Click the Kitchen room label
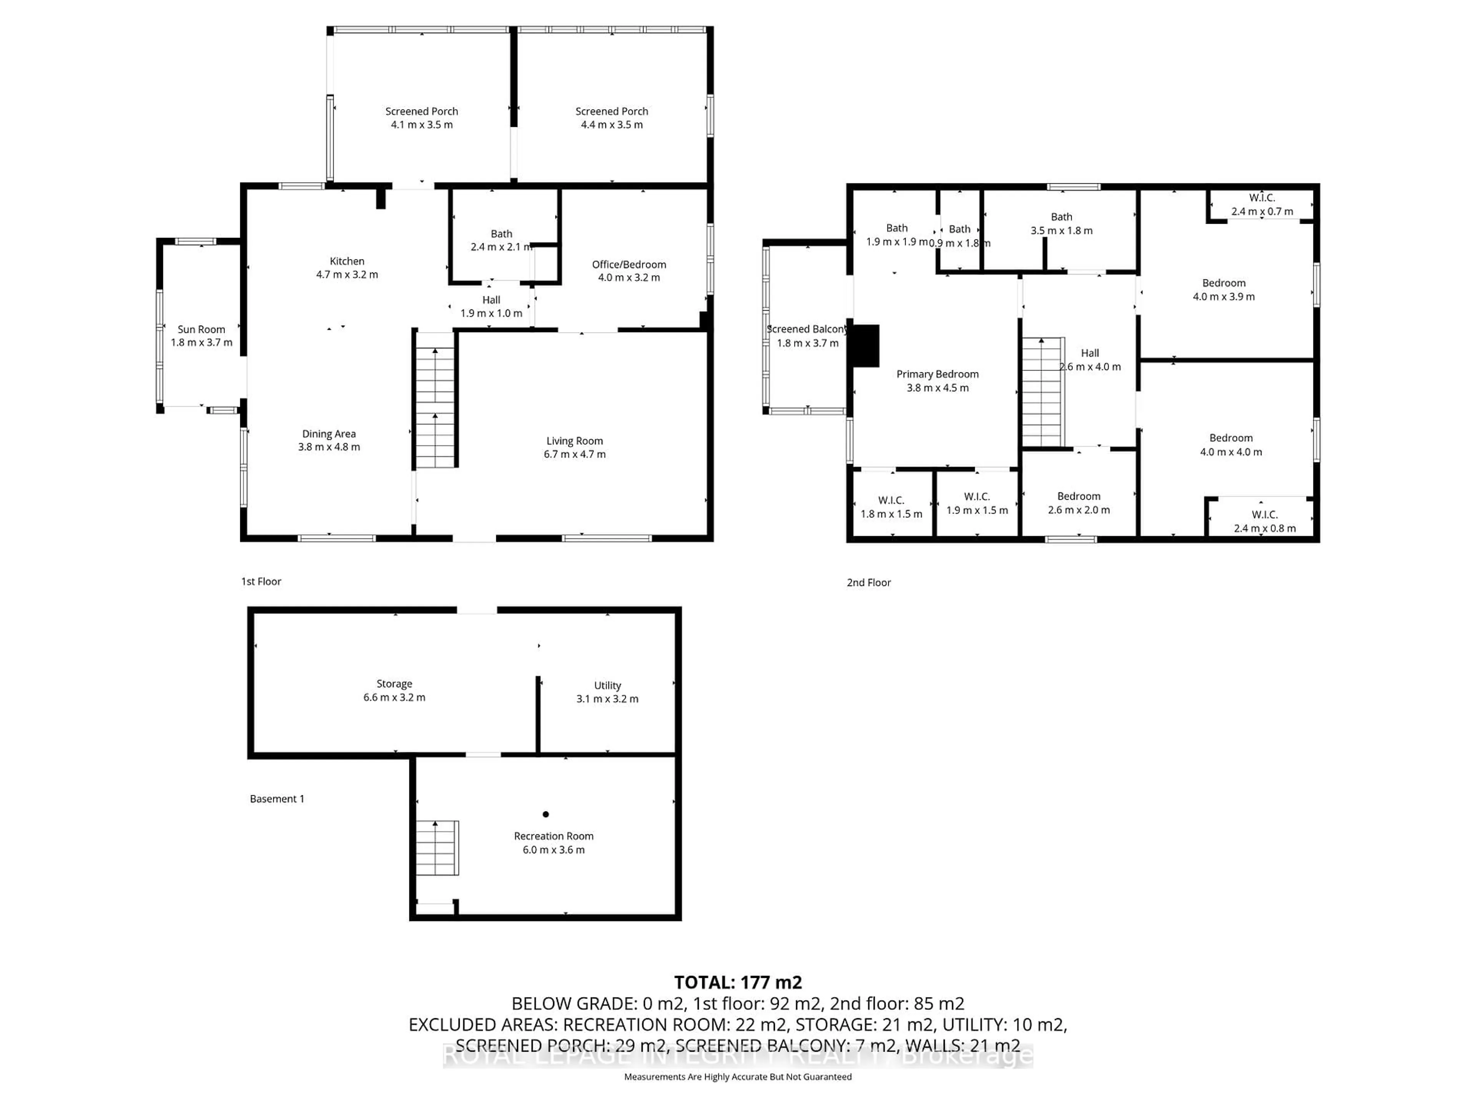(347, 261)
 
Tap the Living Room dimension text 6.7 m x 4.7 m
(575, 454)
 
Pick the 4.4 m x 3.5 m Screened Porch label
(611, 111)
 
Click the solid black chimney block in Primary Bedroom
(866, 346)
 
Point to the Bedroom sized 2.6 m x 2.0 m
(1078, 497)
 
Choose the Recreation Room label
(553, 836)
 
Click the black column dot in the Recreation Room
(546, 814)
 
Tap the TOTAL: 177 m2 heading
(737, 982)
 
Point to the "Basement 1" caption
(277, 799)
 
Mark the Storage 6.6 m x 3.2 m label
(394, 691)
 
